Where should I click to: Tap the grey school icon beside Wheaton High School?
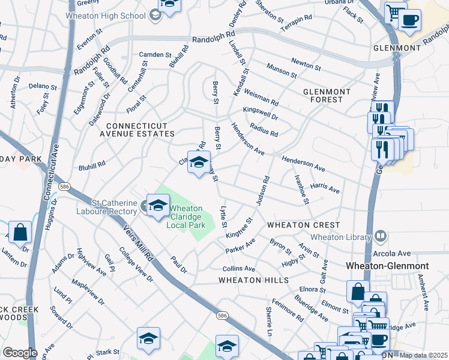pyautogui.click(x=155, y=16)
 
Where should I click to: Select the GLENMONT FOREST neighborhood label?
pyautogui.click(x=327, y=95)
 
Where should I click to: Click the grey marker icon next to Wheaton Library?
pyautogui.click(x=380, y=236)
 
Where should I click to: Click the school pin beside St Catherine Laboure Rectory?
pyautogui.click(x=158, y=205)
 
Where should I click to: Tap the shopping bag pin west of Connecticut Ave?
pyautogui.click(x=20, y=232)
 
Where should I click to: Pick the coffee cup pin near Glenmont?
pyautogui.click(x=410, y=20)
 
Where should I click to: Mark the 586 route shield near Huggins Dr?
pyautogui.click(x=62, y=187)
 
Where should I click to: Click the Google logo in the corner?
pyautogui.click(x=19, y=353)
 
